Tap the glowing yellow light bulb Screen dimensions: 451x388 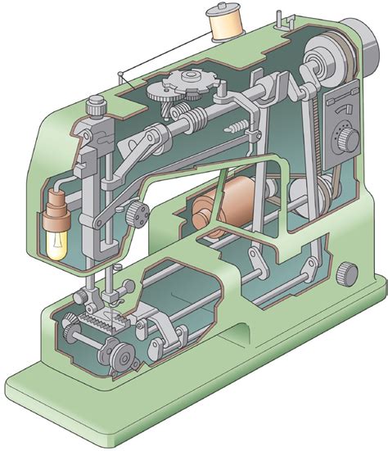(x=58, y=244)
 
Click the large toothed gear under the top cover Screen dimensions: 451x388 (x=187, y=85)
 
